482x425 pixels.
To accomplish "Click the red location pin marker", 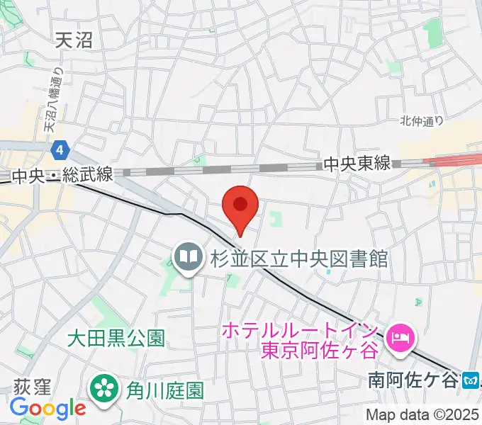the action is point(240,205).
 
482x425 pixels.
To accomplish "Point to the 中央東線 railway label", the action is point(357,164).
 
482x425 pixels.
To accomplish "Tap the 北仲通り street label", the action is point(422,121).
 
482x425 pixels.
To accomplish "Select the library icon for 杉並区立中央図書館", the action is point(188,259).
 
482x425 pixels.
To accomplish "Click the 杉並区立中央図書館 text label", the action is point(298,259).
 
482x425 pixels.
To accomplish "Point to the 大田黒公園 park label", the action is point(116,339).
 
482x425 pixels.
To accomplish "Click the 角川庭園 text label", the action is point(164,390).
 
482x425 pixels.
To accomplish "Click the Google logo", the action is point(47,408).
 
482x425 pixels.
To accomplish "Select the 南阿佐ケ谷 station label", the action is point(413,380).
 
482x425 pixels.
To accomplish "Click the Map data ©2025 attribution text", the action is point(422,414).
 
